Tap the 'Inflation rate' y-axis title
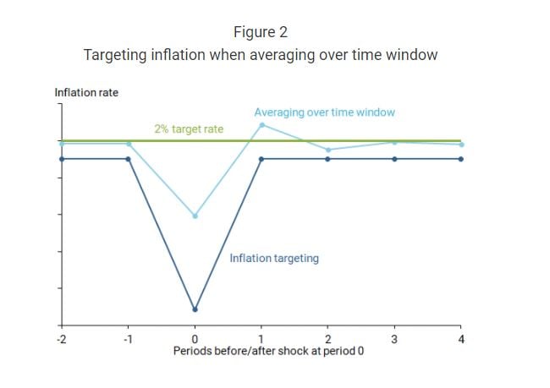(x=86, y=92)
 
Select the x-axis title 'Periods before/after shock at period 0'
(x=268, y=349)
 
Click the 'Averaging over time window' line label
(x=325, y=112)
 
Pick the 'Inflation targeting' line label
(x=274, y=258)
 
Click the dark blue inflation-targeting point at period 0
(x=195, y=309)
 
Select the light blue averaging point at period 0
(x=195, y=216)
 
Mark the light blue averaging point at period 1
(x=261, y=125)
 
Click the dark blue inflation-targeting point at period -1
(x=128, y=158)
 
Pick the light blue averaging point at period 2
(x=327, y=150)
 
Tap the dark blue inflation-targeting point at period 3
(x=394, y=158)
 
